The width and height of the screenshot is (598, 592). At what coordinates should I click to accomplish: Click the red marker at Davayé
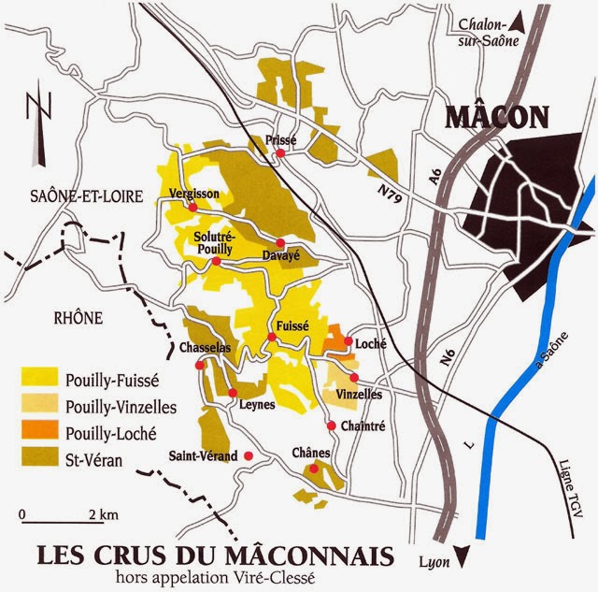[x=280, y=242]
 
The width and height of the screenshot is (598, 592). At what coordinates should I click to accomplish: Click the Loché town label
[x=372, y=344]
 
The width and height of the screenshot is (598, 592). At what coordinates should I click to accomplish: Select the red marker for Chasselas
[x=198, y=367]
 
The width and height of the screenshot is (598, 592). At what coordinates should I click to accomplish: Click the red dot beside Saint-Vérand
[x=249, y=455]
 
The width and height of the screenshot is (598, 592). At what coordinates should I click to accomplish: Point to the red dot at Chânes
[x=315, y=469]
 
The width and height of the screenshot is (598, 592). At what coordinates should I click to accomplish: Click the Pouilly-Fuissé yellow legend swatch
[x=40, y=380]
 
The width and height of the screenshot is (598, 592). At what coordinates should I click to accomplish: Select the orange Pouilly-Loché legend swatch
[x=40, y=433]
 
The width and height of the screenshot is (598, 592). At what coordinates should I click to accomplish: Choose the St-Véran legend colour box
[x=40, y=459]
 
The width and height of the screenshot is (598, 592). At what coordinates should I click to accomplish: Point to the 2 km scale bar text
[x=103, y=515]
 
